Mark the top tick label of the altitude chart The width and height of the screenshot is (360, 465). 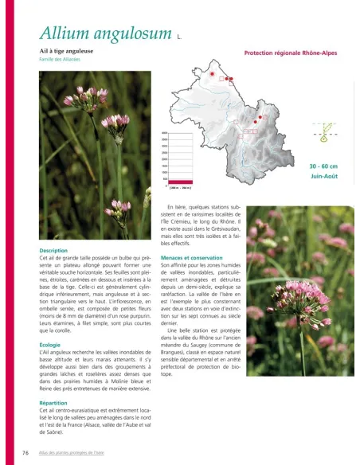click(163, 134)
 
